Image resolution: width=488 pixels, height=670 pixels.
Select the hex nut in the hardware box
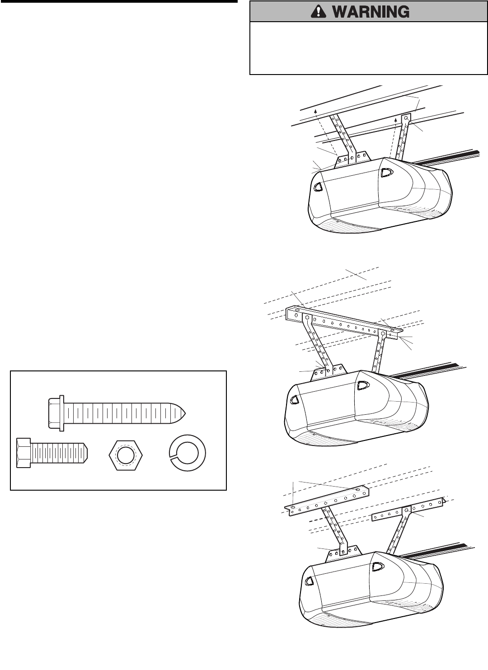126,454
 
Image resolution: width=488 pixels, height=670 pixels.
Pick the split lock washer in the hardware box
187,454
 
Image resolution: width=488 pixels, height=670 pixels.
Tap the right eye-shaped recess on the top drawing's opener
386,172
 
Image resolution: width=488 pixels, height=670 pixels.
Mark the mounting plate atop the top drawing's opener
352,159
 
